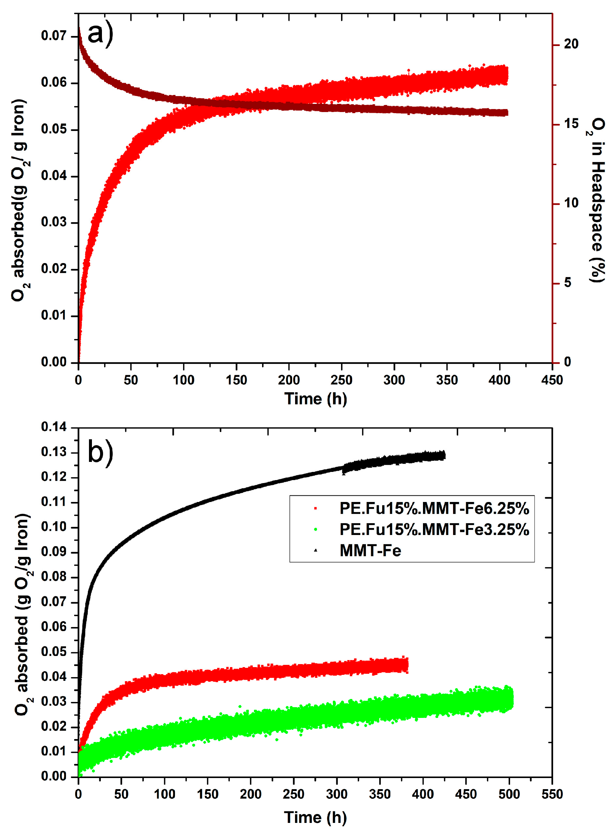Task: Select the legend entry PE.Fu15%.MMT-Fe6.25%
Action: (434, 508)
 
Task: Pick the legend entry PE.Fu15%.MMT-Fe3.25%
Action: (434, 529)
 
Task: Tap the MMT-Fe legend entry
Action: (370, 551)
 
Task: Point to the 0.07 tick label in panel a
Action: (54, 36)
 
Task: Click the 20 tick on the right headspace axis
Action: (571, 44)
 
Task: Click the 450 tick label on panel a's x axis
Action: (552, 380)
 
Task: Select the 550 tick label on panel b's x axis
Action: (552, 794)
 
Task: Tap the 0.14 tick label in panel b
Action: (54, 427)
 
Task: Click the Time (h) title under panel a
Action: (315, 399)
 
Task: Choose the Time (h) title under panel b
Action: (315, 817)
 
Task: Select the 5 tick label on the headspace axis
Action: (567, 283)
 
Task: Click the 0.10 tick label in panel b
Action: (54, 527)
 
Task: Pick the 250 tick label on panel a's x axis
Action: (341, 380)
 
